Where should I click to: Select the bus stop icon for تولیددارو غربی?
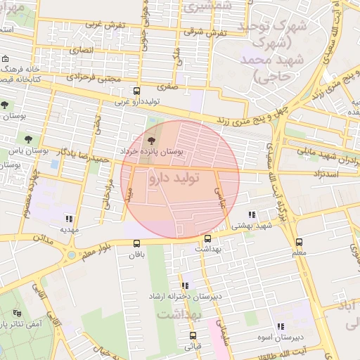136,91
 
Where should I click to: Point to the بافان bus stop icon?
136,243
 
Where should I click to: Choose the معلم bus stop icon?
300,242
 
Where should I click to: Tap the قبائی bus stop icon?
193,335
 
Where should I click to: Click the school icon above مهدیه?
68,218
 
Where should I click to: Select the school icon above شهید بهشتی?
252,215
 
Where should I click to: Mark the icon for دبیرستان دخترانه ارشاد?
185,285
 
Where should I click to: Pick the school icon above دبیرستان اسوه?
281,326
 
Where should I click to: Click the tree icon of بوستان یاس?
29,139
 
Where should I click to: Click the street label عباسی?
223,193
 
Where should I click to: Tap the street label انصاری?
81,51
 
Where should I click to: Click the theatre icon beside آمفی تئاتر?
17,312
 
